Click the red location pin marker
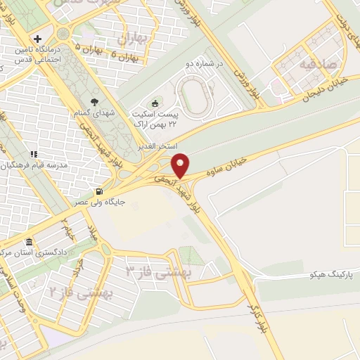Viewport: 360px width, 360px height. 181,165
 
